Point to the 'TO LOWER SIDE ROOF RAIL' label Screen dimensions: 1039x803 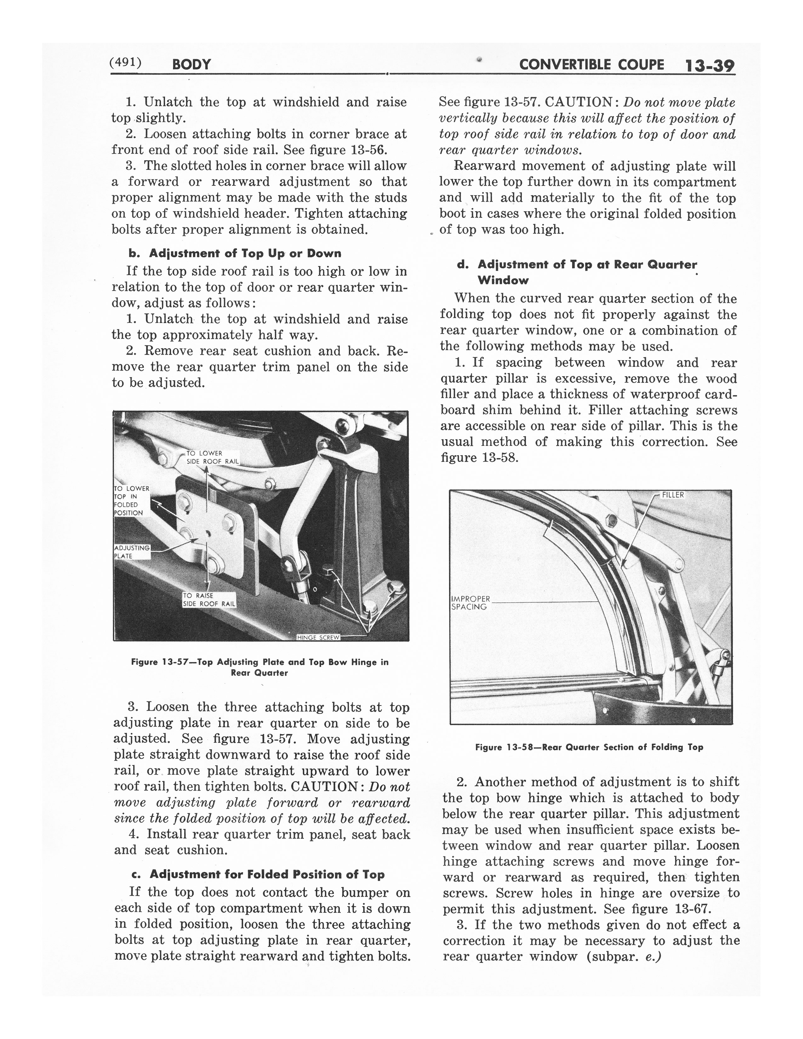tap(212, 457)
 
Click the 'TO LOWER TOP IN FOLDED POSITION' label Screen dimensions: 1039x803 tap(132, 501)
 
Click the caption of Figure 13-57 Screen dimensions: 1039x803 tap(260, 667)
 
